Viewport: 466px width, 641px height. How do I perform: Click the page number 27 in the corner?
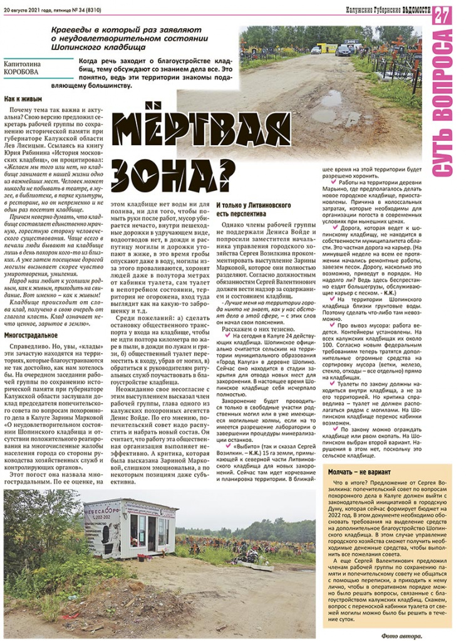click(442, 15)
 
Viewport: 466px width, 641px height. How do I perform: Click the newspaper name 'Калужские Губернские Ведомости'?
click(388, 9)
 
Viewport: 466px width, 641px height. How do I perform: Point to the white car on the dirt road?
click(316, 50)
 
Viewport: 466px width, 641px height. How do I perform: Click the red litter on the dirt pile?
click(141, 556)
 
